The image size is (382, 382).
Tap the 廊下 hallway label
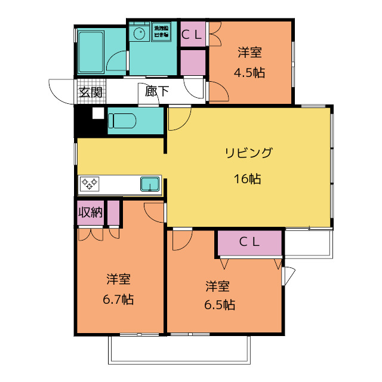157,92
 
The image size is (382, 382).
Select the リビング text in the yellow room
248,152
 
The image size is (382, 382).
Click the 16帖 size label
247,178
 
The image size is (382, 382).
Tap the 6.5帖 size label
220,305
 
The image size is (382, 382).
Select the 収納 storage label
90,212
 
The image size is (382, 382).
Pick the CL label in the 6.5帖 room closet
249,242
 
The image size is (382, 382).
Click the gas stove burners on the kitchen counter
90,183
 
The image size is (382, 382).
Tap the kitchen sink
150,184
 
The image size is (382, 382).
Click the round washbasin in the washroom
140,34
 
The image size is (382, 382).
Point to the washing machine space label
161,32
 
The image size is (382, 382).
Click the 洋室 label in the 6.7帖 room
119,279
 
